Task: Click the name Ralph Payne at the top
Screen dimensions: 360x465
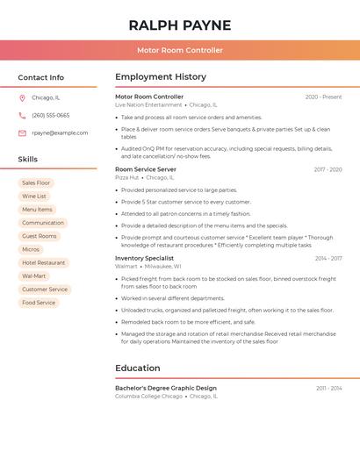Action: [179, 25]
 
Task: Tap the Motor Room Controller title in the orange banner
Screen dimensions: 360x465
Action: [179, 50]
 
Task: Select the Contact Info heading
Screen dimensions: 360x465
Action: [40, 77]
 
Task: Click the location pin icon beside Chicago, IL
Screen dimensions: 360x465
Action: [22, 98]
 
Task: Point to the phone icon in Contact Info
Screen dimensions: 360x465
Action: [22, 115]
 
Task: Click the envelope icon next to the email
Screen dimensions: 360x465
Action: [22, 133]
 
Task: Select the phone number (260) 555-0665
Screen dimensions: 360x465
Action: [51, 115]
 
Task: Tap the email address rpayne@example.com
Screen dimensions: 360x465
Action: [60, 133]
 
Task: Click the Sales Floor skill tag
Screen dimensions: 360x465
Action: [36, 183]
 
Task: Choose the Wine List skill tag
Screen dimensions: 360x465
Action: [34, 197]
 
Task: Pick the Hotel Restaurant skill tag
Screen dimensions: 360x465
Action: [44, 262]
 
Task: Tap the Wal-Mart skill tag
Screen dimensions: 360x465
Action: [33, 276]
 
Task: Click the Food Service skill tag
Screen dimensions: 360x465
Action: [39, 303]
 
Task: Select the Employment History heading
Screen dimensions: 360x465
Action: [161, 77]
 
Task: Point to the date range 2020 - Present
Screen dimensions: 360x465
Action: [323, 97]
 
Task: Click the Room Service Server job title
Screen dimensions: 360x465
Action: [146, 169]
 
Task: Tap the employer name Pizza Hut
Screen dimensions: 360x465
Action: [126, 177]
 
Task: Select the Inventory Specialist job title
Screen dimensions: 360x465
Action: [144, 258]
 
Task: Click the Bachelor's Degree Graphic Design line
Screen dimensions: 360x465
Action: [166, 388]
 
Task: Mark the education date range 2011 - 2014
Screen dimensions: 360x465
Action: [328, 388]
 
